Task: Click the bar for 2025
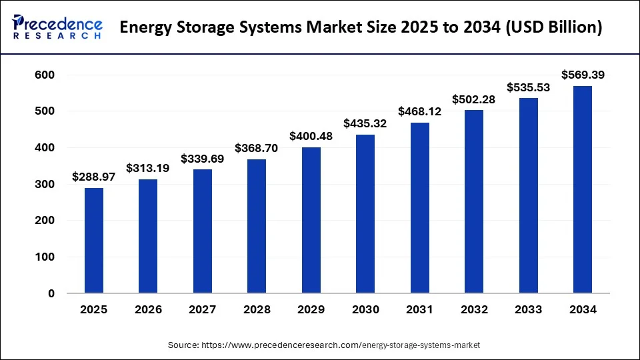click(x=94, y=241)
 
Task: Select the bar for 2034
click(x=583, y=189)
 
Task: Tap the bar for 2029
click(x=311, y=220)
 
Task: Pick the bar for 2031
click(x=420, y=208)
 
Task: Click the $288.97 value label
click(x=94, y=178)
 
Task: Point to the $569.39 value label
click(x=583, y=75)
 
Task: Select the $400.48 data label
click(x=311, y=136)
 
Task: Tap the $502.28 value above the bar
click(x=474, y=99)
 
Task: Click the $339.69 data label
click(x=203, y=159)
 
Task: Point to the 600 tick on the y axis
click(x=44, y=75)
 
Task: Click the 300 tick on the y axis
click(x=44, y=184)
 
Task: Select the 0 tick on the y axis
click(x=51, y=293)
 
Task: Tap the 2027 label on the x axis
click(x=203, y=310)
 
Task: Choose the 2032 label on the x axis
click(x=474, y=310)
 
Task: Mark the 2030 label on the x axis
click(x=365, y=310)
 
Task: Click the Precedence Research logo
click(x=57, y=27)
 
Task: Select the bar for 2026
click(x=148, y=236)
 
